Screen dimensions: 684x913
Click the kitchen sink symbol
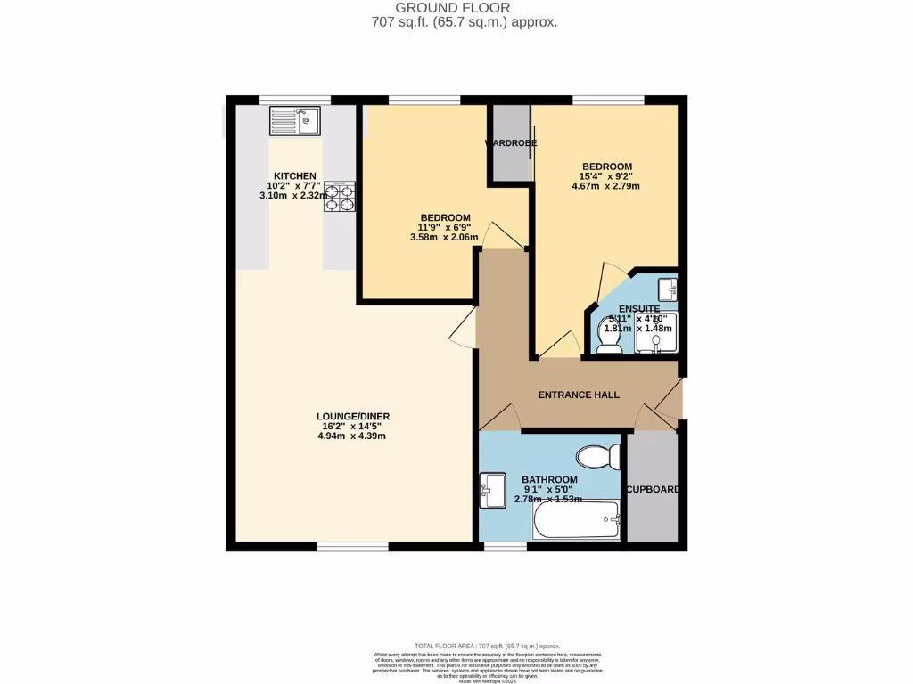pyautogui.click(x=295, y=120)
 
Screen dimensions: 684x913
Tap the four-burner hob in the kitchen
pyautogui.click(x=340, y=196)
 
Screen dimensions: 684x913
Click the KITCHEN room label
pyautogui.click(x=295, y=175)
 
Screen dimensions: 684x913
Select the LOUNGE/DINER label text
pyautogui.click(x=352, y=416)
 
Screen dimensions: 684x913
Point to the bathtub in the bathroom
pyautogui.click(x=576, y=519)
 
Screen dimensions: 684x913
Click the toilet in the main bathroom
pyautogui.click(x=598, y=458)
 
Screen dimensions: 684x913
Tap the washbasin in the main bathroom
pyautogui.click(x=492, y=489)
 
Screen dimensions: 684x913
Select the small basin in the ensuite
pyautogui.click(x=666, y=289)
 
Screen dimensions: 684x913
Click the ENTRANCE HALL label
pyautogui.click(x=579, y=395)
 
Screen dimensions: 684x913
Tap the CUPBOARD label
pyautogui.click(x=654, y=490)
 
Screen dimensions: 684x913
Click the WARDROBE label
pyautogui.click(x=510, y=143)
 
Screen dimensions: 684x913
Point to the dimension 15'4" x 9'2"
pyautogui.click(x=607, y=176)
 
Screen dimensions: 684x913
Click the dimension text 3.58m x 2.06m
pyautogui.click(x=444, y=238)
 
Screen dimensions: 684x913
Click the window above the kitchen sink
pyautogui.click(x=294, y=99)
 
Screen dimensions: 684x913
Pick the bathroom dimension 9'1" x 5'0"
pyautogui.click(x=546, y=488)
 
